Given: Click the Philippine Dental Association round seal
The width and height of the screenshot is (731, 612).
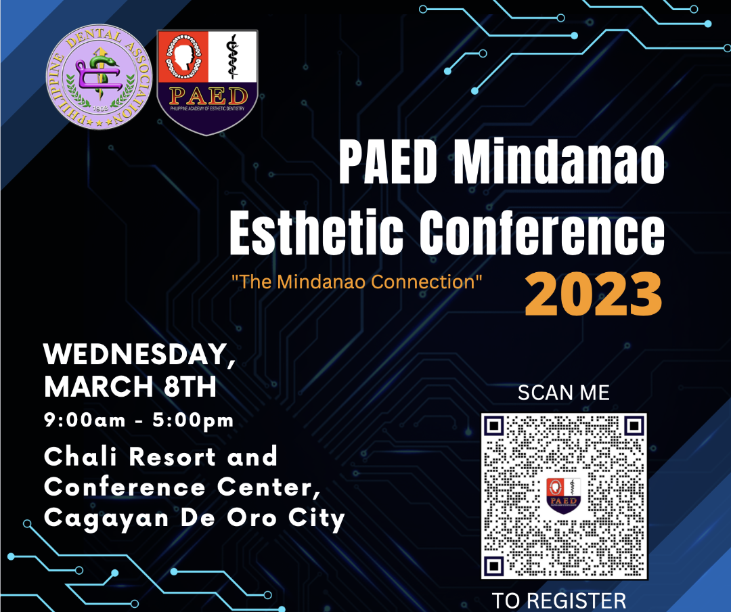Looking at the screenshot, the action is [99, 77].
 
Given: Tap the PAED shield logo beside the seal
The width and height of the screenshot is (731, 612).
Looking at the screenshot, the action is [208, 83].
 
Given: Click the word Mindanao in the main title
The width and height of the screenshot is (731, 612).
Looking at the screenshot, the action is [559, 162].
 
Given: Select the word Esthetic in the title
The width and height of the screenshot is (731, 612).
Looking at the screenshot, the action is [317, 232].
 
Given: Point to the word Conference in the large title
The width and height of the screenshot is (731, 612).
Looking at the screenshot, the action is [542, 232].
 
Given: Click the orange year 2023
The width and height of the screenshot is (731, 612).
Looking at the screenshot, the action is [594, 294].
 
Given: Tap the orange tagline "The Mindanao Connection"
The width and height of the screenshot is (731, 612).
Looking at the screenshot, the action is [357, 282].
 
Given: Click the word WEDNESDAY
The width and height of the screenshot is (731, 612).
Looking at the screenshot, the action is [139, 355].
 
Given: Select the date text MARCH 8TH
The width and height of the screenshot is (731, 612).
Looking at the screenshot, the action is [130, 387].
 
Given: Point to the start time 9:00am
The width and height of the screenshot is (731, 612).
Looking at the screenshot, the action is [85, 420].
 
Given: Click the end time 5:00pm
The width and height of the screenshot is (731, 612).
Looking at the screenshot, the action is [193, 420].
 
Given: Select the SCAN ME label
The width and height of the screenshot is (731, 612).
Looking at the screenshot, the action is [564, 393].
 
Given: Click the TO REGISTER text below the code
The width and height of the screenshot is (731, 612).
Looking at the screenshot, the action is [559, 600].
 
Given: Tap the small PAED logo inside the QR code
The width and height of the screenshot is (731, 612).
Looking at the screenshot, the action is [564, 496].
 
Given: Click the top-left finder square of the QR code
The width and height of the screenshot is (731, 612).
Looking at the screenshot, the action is [495, 426].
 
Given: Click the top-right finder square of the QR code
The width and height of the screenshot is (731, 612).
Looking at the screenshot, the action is [634, 426].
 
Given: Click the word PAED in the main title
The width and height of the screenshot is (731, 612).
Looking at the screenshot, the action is [388, 162].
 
